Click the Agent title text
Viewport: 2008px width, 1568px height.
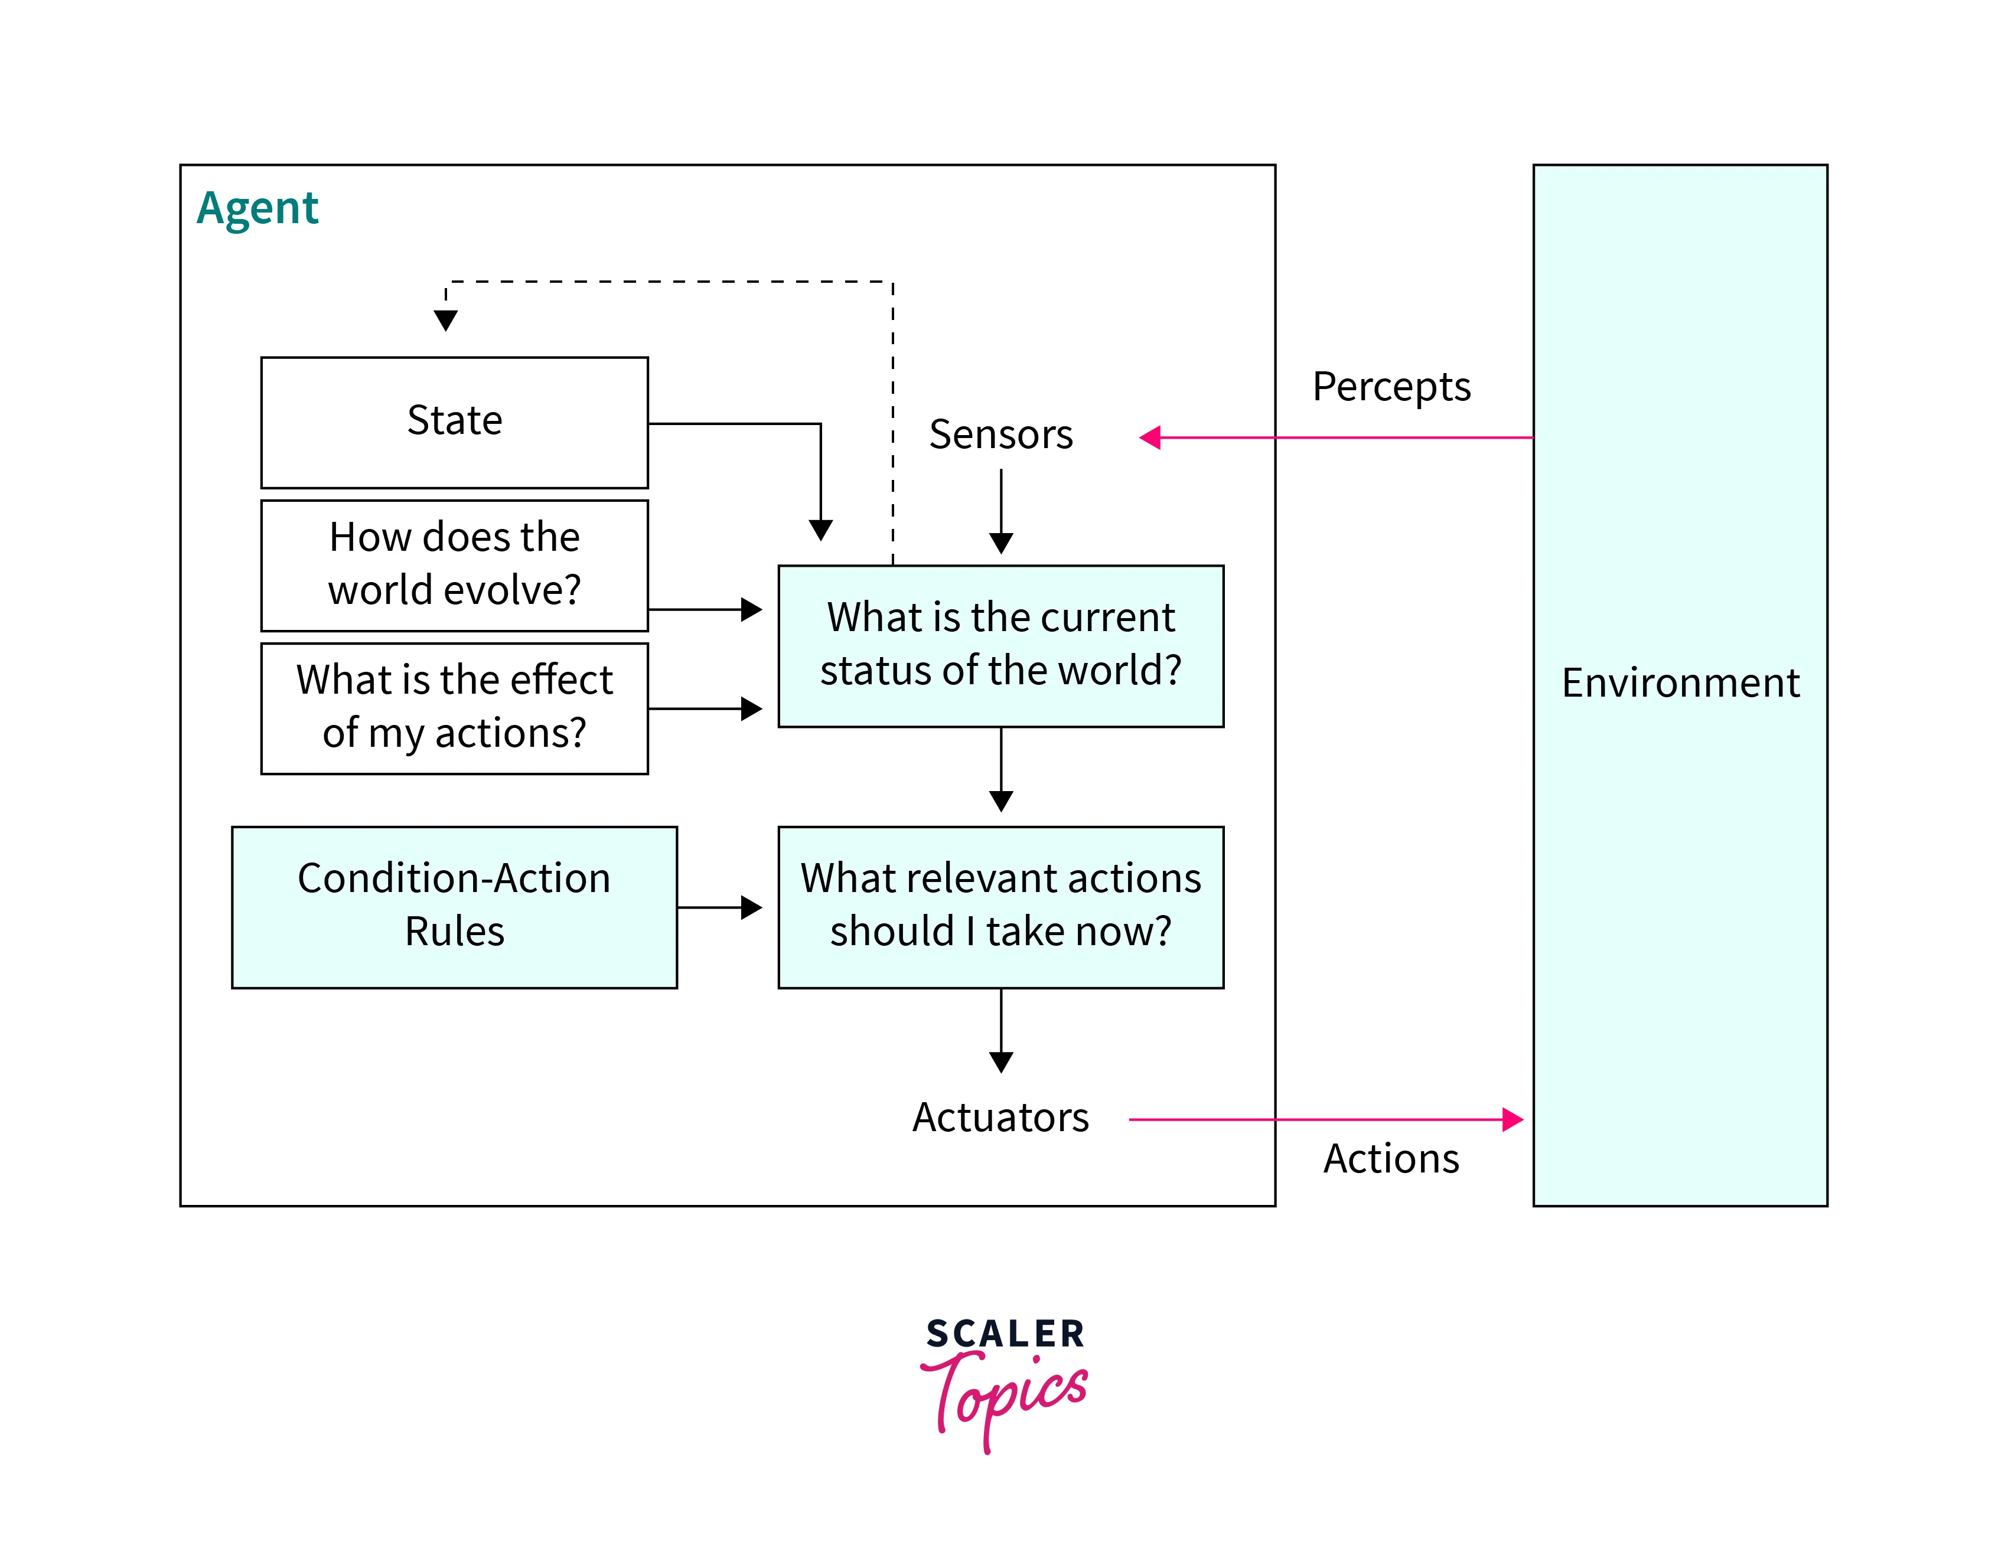257,208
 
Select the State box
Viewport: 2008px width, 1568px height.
454,422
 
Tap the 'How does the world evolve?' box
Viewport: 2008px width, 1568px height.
454,564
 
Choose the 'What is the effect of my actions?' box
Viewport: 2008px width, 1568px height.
454,708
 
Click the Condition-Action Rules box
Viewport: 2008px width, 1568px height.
454,906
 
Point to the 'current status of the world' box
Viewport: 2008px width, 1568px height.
1000,645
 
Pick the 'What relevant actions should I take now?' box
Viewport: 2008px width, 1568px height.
1000,906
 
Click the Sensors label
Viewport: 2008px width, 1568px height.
1000,435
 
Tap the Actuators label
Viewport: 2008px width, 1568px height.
1000,1118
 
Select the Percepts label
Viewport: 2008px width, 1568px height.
1391,387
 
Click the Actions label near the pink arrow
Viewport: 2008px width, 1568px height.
1391,1159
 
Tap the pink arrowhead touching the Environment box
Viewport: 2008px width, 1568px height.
1512,1119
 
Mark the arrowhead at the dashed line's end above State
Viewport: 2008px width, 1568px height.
446,320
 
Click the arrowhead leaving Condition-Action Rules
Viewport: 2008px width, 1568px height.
751,908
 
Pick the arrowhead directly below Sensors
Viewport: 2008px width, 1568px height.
1001,543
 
